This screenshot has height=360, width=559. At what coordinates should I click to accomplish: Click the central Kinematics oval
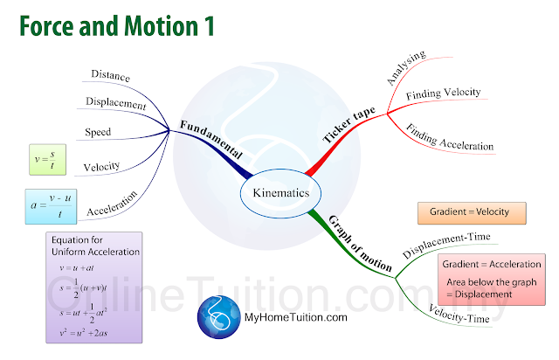coord(279,192)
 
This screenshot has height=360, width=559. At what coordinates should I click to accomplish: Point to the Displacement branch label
coord(116,103)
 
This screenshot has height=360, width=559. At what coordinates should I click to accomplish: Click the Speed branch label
coord(98,133)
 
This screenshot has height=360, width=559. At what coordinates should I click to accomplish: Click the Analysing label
coord(405,68)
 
